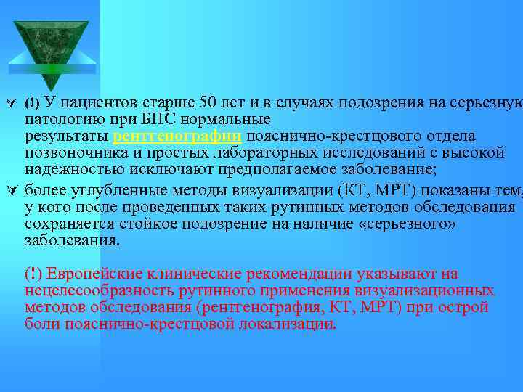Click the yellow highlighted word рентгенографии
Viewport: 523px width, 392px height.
tap(179, 136)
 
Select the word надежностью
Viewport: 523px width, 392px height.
tap(76, 171)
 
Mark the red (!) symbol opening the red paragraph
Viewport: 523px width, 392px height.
tap(33, 274)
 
